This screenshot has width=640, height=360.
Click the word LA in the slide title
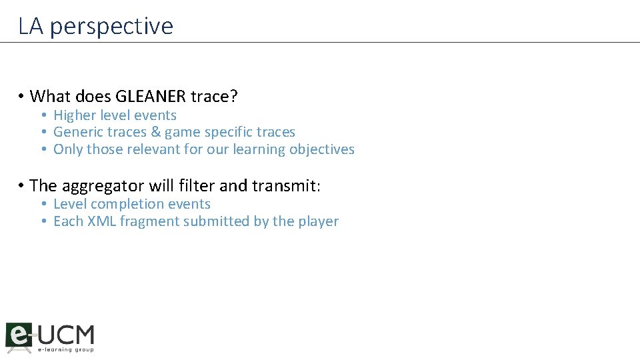[31, 26]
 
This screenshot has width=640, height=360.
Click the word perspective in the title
[111, 27]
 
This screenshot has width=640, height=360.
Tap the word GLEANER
[155, 97]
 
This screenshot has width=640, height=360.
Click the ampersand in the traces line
[157, 132]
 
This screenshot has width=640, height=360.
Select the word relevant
[154, 149]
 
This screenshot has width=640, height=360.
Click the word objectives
[321, 149]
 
